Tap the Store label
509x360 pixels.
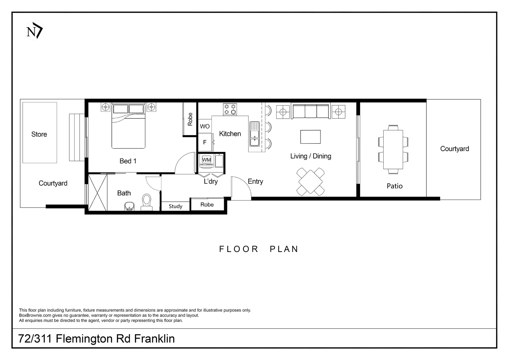coord(39,134)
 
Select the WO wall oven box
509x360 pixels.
coord(205,126)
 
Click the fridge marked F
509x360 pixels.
coord(205,142)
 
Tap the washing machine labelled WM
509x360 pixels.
coord(207,160)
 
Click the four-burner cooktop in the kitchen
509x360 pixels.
coord(230,109)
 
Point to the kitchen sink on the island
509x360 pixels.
coord(254,134)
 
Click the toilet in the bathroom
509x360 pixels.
coord(147,202)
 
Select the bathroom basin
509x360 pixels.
coord(130,206)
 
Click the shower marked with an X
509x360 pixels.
coord(98,193)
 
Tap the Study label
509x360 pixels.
coord(175,206)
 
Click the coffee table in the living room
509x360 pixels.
coord(310,137)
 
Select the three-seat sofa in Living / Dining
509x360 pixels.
coord(311,111)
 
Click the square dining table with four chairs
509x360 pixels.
coord(310,182)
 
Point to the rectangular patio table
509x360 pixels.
coord(393,149)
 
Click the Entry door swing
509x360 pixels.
coord(241,189)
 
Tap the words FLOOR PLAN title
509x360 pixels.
coord(258,249)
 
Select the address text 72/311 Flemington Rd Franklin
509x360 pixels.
coord(96,339)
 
